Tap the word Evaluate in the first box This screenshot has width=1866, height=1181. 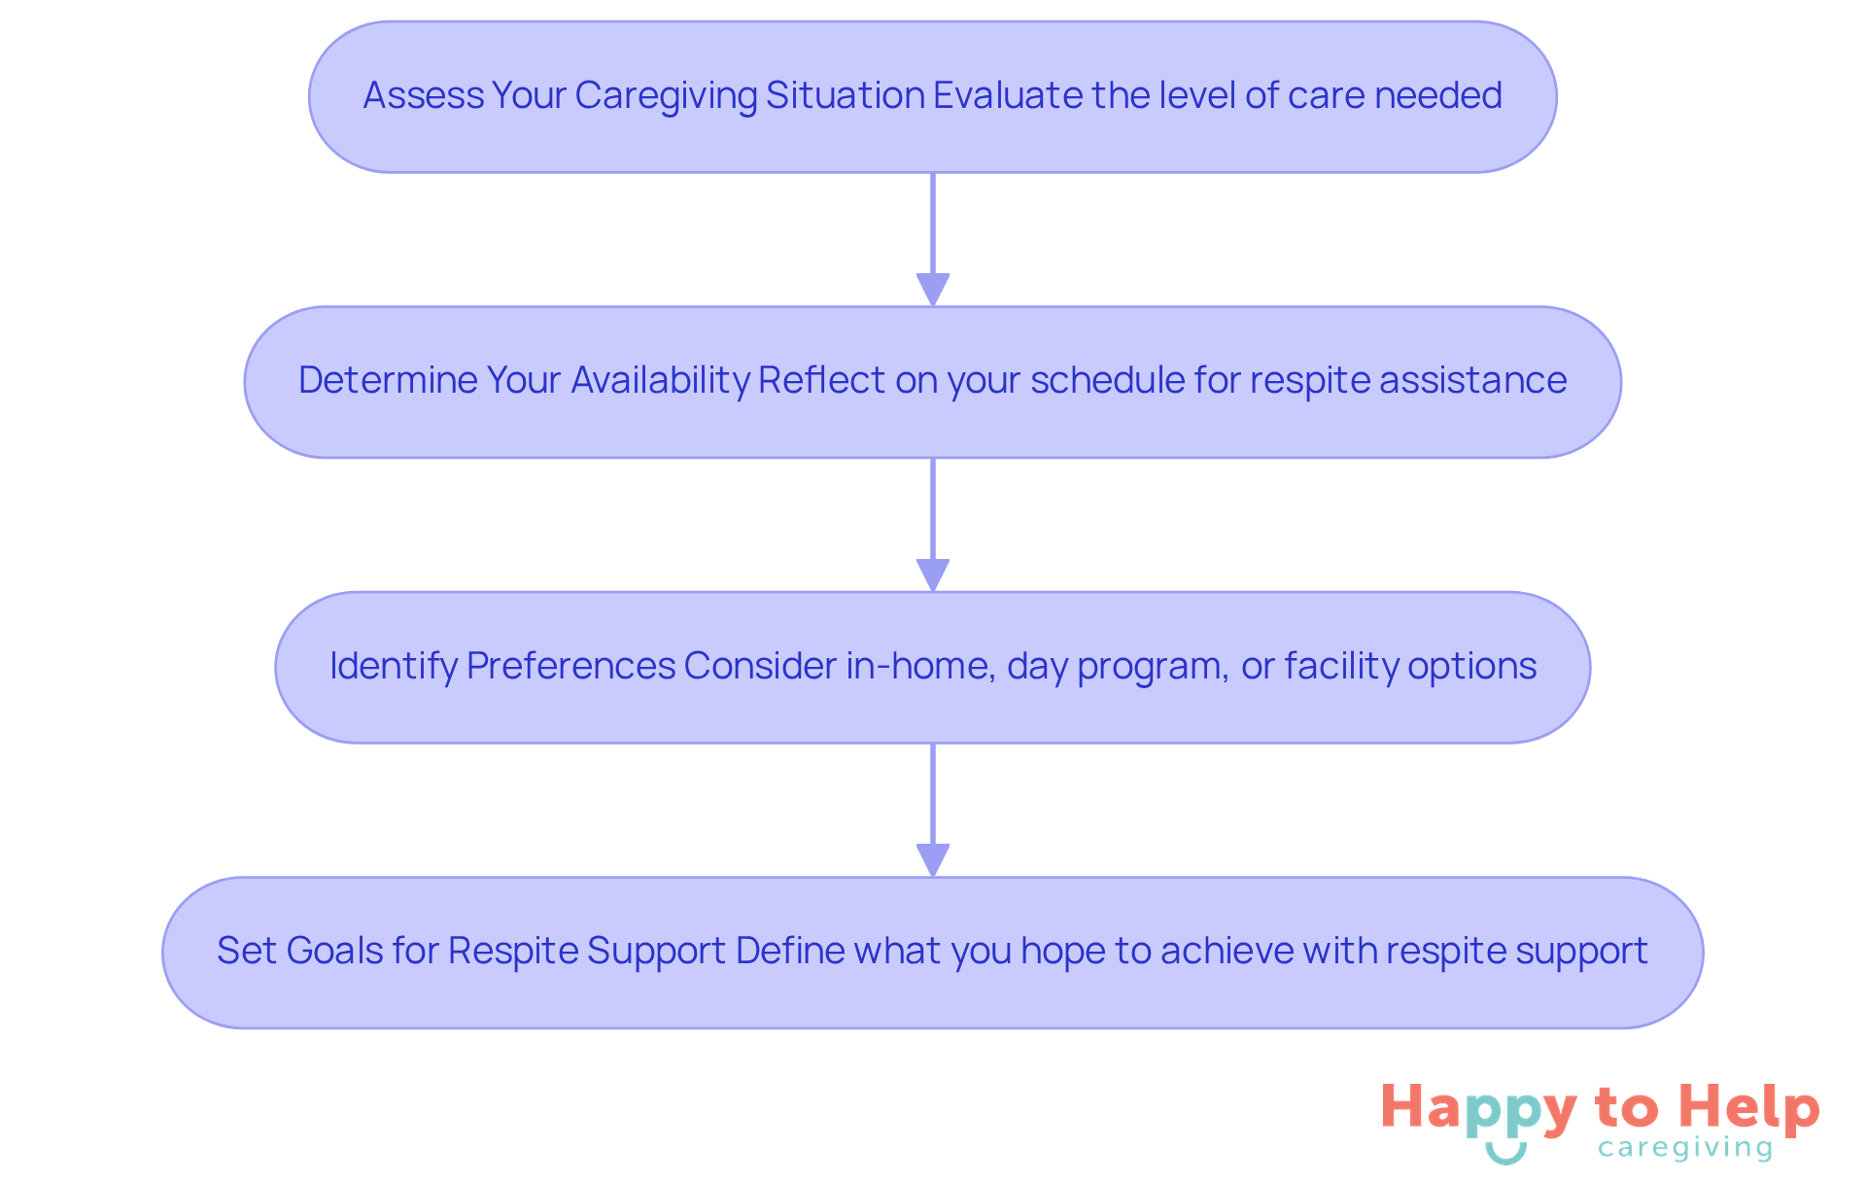pyautogui.click(x=1007, y=95)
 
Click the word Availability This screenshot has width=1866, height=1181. pyautogui.click(x=660, y=380)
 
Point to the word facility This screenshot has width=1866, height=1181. pyautogui.click(x=1341, y=666)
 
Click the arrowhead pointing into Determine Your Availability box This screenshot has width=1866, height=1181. pyautogui.click(x=933, y=290)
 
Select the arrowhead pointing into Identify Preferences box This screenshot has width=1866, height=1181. pyautogui.click(x=933, y=574)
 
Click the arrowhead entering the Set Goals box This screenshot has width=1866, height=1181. pyautogui.click(x=933, y=860)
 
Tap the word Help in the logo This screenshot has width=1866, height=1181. pyautogui.click(x=1749, y=1108)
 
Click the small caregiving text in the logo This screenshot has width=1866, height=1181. pyautogui.click(x=1685, y=1148)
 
